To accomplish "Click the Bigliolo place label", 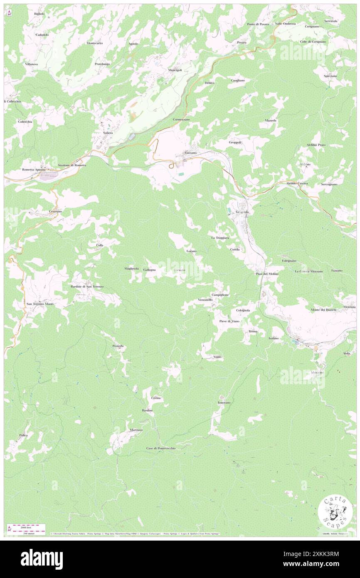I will point(39,14).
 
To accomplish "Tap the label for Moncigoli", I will point(175,70).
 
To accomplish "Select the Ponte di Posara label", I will point(258,24).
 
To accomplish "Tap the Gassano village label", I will point(191,153).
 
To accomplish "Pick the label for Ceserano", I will point(55,211).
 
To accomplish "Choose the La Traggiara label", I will point(220,237).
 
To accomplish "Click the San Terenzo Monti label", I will point(40,304).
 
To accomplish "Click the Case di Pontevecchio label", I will point(161,448).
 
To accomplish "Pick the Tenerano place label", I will point(224,403).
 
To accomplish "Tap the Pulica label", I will point(23,435).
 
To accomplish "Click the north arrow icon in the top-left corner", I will point(9,14).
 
